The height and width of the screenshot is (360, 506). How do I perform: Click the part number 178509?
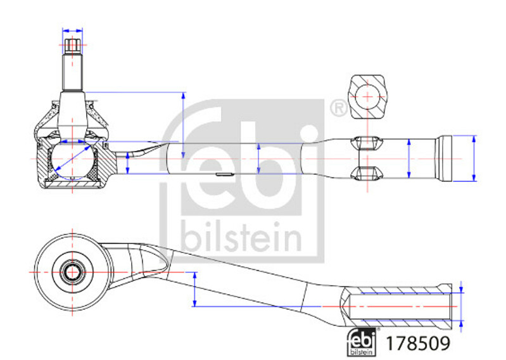click(x=417, y=344)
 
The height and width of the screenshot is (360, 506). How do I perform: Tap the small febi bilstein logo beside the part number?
click(x=362, y=342)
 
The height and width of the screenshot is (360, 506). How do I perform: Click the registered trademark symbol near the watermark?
click(x=339, y=108)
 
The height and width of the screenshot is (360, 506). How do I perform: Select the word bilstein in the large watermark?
click(x=241, y=237)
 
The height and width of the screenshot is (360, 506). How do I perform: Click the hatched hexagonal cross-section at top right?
click(x=367, y=96)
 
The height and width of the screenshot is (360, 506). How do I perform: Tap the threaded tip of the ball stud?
click(x=72, y=46)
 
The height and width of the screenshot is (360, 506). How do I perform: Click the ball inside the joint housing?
click(x=72, y=160)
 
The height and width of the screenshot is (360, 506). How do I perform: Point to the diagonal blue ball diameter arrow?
click(x=73, y=158)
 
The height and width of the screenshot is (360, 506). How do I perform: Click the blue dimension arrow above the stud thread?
click(x=72, y=30)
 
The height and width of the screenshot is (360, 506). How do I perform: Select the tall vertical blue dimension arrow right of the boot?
click(x=183, y=125)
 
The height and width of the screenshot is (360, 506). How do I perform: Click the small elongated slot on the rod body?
click(x=225, y=174)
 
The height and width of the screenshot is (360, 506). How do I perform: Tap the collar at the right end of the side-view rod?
click(x=444, y=158)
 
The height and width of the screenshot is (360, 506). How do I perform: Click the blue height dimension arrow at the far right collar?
click(x=474, y=158)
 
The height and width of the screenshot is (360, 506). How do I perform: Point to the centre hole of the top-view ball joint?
click(x=72, y=272)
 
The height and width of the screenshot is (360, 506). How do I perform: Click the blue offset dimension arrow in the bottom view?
click(x=194, y=289)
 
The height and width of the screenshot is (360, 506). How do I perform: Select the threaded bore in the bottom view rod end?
click(x=400, y=306)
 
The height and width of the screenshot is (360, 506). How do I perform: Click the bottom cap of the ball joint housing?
click(x=72, y=184)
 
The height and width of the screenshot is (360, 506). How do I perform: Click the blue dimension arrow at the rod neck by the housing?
click(x=128, y=163)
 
